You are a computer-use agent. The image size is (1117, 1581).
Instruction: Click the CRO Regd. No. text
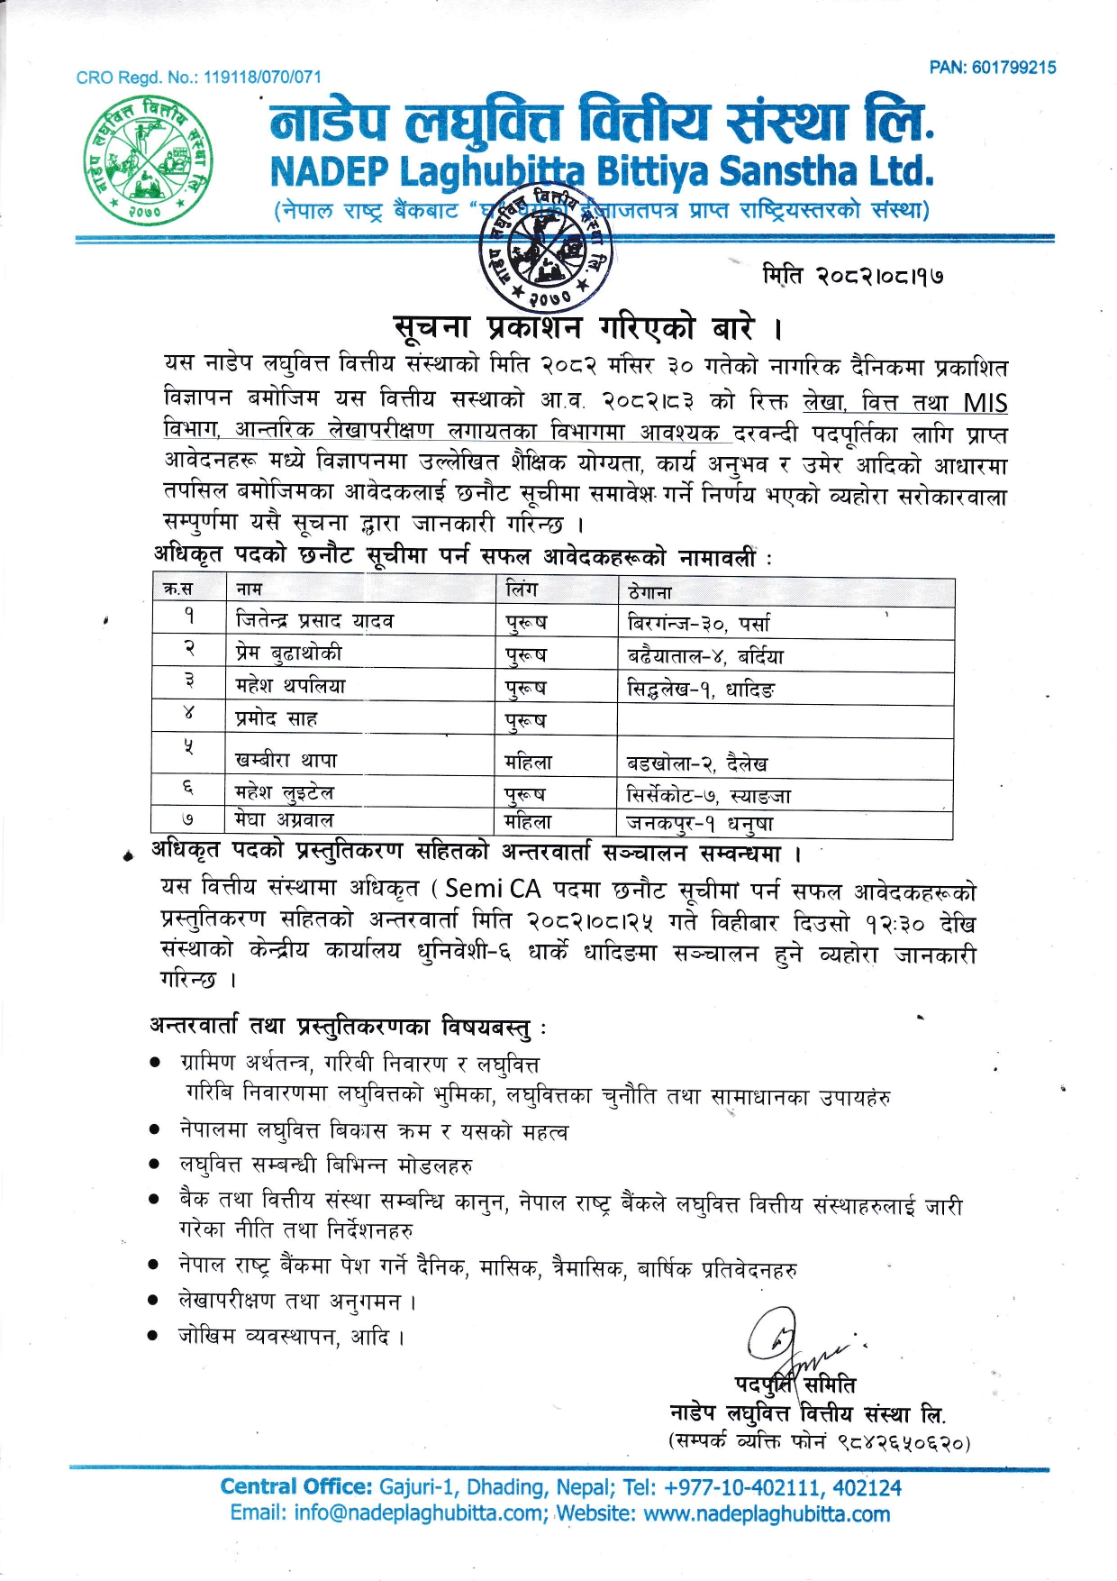198,78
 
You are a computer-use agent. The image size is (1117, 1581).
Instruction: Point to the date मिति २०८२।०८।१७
852,275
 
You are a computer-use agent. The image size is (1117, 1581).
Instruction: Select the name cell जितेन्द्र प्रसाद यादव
314,621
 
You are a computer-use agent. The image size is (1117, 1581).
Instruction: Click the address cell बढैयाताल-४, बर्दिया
705,656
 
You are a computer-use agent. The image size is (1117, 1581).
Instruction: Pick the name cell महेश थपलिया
290,686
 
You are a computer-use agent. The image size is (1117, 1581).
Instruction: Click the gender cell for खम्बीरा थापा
529,763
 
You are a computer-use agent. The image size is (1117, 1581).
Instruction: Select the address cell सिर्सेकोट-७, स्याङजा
709,796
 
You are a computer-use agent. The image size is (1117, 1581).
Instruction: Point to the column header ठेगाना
649,592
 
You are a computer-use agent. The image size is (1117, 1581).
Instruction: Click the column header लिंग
522,589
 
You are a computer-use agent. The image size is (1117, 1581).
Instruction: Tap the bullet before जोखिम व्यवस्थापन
155,1335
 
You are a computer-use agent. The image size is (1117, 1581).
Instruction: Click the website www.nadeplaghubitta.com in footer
767,1513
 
